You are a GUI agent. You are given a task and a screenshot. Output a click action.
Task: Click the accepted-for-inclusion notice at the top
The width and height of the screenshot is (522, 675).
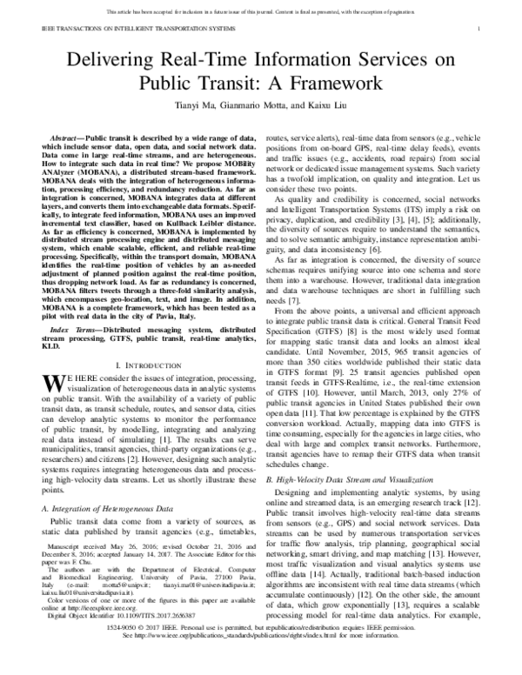tap(260, 11)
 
